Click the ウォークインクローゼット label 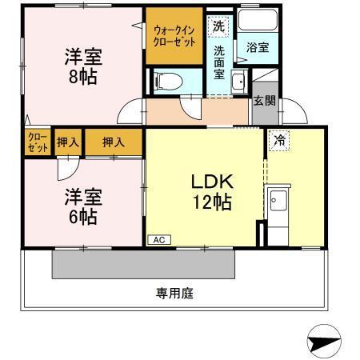pos(174,34)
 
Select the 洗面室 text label pos(219,63)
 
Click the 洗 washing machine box pos(219,26)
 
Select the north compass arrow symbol pos(325,339)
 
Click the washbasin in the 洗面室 pos(238,80)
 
